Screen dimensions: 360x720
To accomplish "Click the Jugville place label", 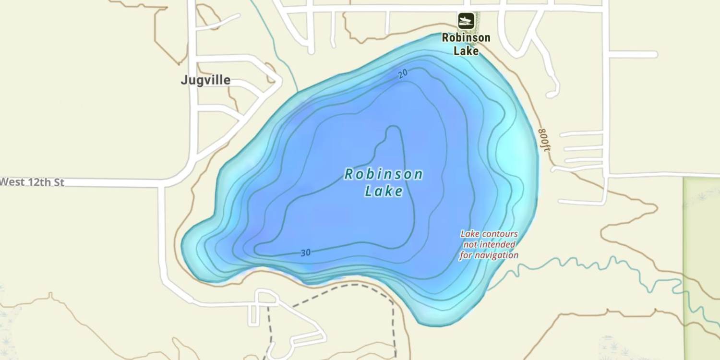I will click(205, 80).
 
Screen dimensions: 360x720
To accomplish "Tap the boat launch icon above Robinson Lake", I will click(466, 21).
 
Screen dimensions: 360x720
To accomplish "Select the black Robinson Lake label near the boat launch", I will click(466, 44).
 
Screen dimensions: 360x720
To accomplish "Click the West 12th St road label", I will click(32, 182).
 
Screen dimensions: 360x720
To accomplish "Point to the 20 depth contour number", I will click(403, 73).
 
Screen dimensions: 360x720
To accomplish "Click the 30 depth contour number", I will click(306, 253).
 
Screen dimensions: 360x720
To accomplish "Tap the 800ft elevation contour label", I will click(544, 140).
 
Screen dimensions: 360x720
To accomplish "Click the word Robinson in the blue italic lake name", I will click(384, 174).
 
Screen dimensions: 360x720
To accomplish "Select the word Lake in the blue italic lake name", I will click(384, 192).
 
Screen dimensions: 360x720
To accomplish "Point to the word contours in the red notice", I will click(499, 234).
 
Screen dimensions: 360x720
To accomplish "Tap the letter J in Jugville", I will click(184, 80).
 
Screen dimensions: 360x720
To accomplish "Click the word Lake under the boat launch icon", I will click(466, 50).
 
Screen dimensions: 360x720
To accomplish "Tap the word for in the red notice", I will click(466, 255).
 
